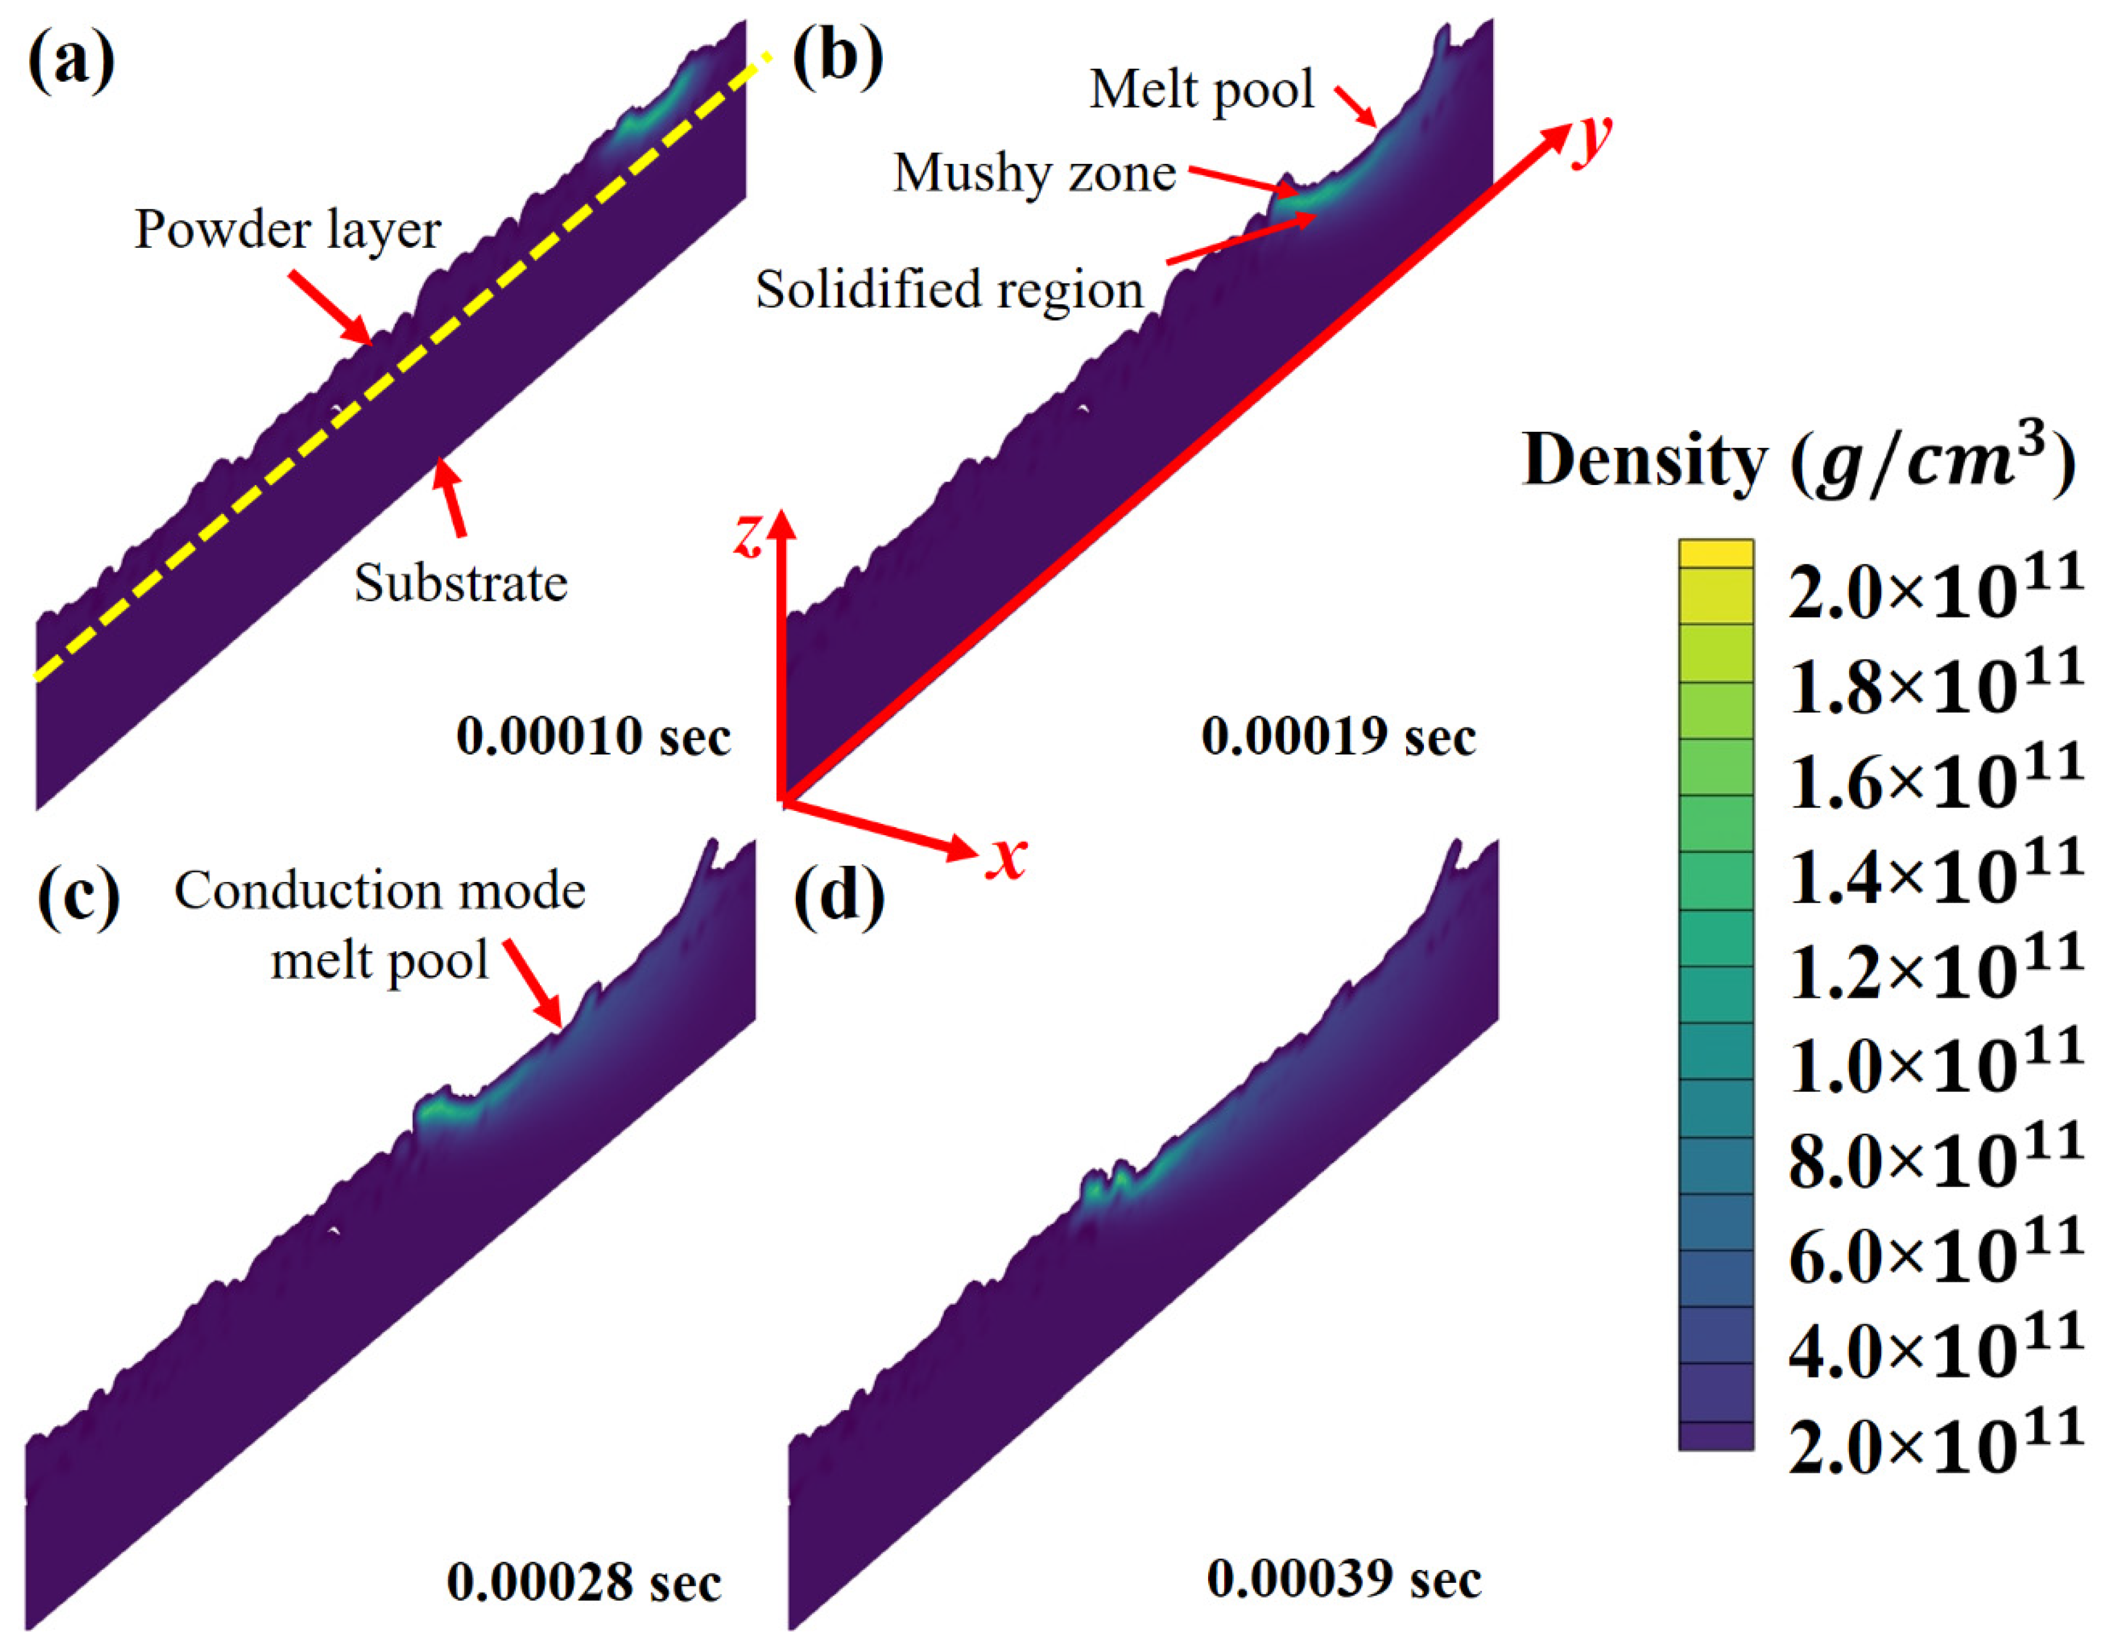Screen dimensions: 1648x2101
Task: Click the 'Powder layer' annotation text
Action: (x=287, y=230)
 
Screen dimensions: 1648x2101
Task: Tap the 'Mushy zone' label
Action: (x=1034, y=174)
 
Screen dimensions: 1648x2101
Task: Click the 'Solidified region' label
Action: (x=949, y=289)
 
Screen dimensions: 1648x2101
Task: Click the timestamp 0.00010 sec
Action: (x=593, y=736)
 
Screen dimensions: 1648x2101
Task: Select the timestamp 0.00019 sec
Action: (x=1338, y=737)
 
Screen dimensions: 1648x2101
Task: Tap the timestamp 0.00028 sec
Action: (x=584, y=1582)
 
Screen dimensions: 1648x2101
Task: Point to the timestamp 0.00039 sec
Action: (x=1344, y=1579)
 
